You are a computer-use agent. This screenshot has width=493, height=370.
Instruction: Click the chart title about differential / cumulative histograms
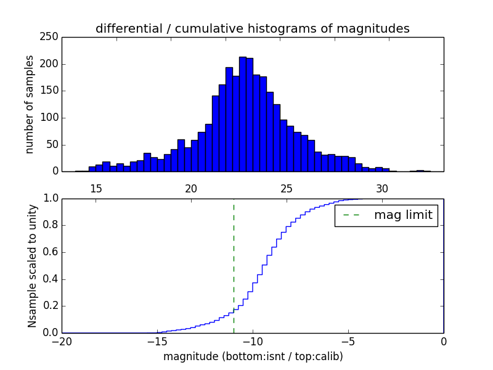click(252, 28)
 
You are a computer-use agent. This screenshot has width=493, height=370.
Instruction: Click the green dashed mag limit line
click(234, 259)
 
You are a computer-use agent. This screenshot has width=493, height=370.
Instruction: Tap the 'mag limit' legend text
click(403, 215)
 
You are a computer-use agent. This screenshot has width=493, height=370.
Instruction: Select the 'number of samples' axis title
click(30, 104)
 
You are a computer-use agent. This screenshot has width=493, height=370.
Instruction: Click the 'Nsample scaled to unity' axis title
click(32, 265)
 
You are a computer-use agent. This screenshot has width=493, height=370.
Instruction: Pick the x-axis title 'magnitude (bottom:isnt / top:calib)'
click(253, 356)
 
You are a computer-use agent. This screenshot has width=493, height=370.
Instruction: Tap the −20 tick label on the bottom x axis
click(62, 341)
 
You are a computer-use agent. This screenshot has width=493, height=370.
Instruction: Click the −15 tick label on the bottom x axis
click(157, 341)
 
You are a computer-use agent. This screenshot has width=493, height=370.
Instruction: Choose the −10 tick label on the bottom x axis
click(253, 341)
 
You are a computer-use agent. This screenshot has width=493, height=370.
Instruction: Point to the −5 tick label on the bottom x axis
click(348, 341)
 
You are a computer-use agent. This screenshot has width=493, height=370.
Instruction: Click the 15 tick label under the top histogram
click(96, 188)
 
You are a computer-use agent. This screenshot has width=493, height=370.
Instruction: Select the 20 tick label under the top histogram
click(191, 188)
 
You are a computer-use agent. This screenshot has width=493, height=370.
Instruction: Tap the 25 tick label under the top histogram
click(287, 188)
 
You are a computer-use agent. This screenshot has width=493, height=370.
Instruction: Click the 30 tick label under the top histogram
click(382, 188)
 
